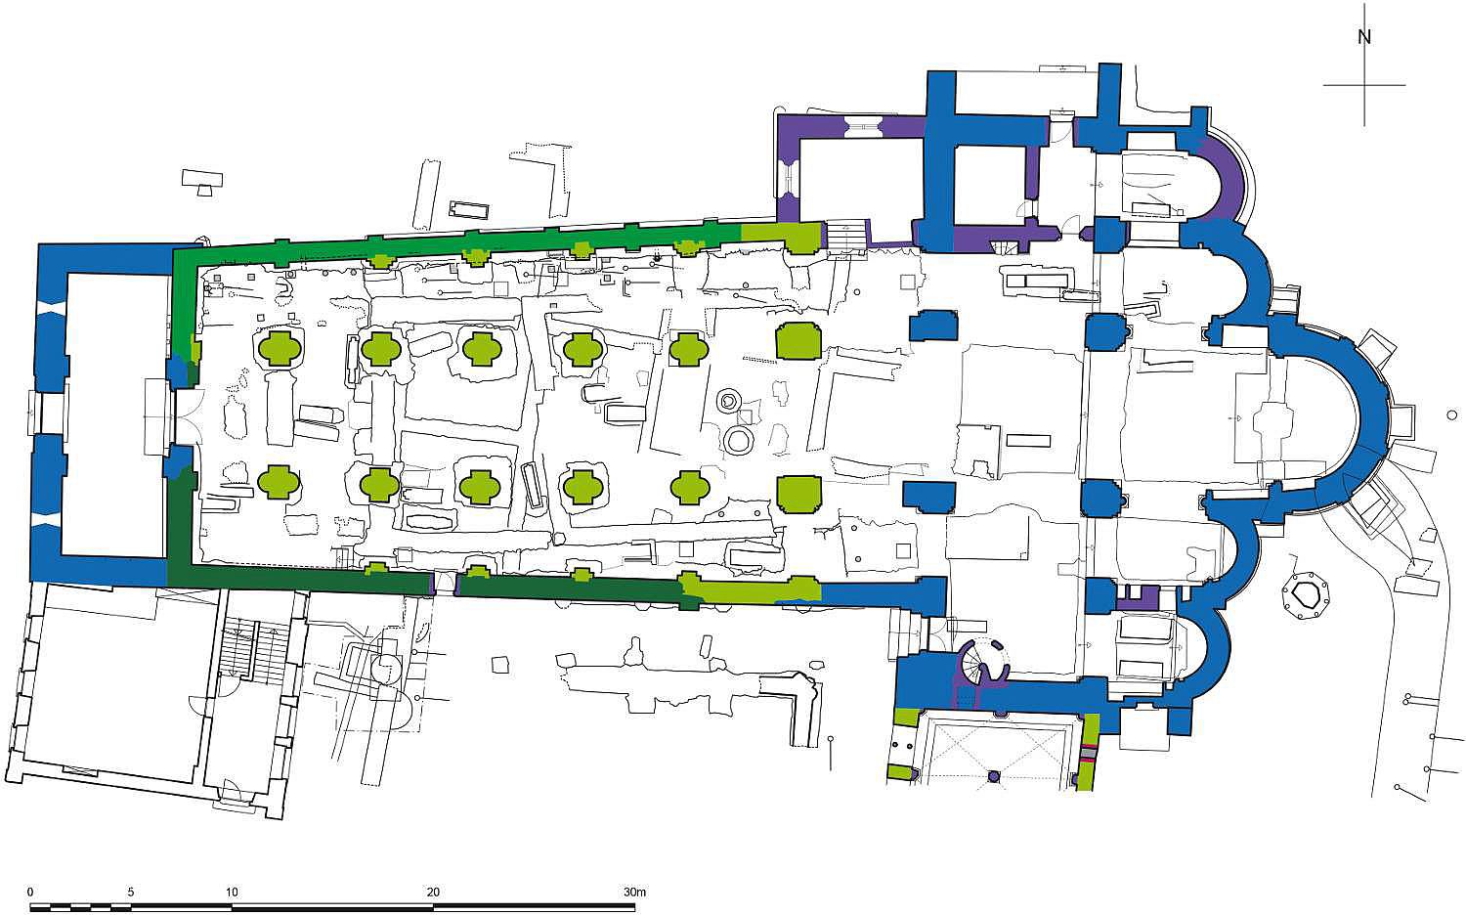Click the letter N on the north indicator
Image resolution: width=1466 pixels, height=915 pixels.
[x=1364, y=37]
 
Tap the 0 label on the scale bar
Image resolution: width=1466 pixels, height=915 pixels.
[x=30, y=893]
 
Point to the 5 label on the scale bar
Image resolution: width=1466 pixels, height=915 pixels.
[x=131, y=893]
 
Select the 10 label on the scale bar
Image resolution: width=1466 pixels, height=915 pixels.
[x=232, y=893]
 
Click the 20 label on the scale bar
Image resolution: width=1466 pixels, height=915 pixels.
[x=433, y=893]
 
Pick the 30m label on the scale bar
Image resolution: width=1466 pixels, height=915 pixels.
[x=635, y=893]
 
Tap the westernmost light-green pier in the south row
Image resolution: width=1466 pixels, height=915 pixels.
[x=279, y=482]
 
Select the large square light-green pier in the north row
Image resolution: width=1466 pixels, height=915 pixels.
[x=798, y=340]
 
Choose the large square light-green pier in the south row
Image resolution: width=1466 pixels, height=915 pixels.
[x=798, y=494]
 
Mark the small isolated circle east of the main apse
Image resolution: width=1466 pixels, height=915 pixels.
[x=1452, y=414]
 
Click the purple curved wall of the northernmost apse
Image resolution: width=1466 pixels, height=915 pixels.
[x=1229, y=176]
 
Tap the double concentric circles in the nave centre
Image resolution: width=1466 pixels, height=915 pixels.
[x=727, y=401]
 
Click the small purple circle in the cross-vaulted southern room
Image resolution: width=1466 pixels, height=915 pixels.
[x=994, y=776]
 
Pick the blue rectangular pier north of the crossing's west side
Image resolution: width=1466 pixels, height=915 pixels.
[x=933, y=326]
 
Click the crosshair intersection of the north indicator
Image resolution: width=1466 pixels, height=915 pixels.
[x=1364, y=84]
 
